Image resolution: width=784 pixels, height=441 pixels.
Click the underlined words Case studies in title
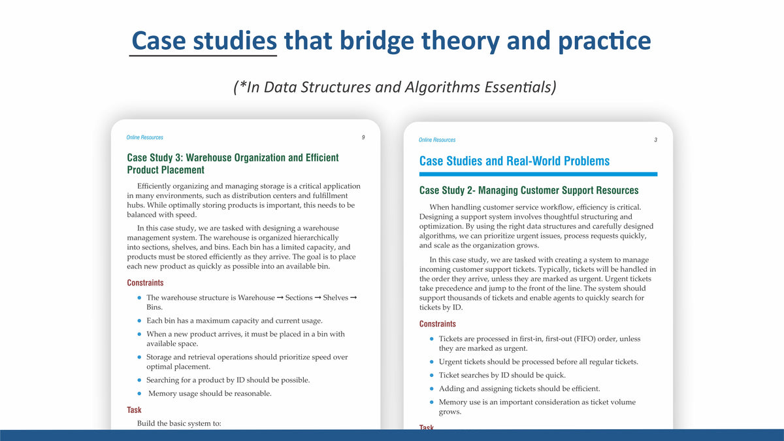204,41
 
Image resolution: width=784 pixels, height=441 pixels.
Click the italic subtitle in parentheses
395,87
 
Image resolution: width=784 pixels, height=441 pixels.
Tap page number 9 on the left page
363,138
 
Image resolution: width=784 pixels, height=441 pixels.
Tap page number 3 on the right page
655,140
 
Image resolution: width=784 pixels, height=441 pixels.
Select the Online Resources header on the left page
145,138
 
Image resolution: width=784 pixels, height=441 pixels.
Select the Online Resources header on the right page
437,140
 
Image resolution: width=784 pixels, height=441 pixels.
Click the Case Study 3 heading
233,163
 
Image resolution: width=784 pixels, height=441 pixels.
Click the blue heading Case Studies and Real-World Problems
514,161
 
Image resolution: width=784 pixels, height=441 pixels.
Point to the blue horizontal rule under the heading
538,174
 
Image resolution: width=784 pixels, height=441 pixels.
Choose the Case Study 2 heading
529,191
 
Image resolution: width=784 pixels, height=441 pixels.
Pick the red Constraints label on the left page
145,283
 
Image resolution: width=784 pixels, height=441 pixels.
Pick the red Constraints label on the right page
437,324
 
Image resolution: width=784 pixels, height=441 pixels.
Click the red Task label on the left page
134,410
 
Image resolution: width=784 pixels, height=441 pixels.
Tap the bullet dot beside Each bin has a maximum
139,321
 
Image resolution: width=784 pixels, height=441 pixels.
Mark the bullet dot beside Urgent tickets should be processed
432,362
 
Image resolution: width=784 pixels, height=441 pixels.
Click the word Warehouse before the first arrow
256,298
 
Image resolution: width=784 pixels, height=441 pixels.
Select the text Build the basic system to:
179,423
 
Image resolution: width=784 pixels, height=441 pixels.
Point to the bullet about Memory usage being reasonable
210,393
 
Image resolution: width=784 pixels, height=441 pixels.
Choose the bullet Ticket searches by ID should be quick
502,375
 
